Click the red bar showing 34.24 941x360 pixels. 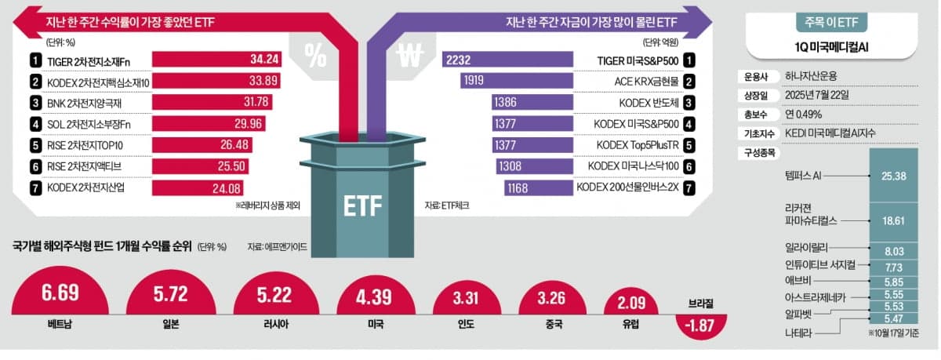[x=223, y=60]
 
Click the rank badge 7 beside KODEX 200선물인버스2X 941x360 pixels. [x=688, y=187]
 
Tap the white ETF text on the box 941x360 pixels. [x=362, y=207]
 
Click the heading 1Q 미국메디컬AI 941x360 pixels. [x=826, y=47]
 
